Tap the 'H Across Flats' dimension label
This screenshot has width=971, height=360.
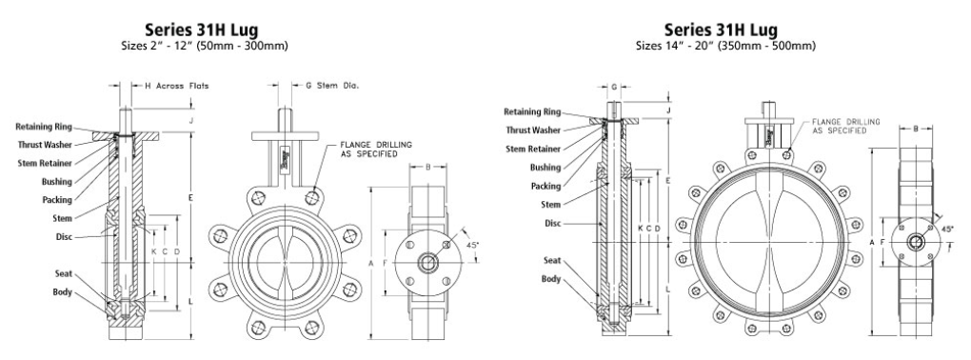tap(176, 86)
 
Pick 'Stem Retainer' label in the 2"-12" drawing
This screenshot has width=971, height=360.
tap(50, 163)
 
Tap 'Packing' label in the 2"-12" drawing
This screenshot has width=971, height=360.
tap(57, 199)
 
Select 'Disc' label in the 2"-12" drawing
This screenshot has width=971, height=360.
tap(65, 236)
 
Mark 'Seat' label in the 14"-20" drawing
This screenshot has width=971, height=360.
tap(550, 260)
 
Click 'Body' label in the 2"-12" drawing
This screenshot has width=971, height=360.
tap(62, 291)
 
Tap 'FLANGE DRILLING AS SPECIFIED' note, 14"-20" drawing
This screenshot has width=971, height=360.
tap(845, 127)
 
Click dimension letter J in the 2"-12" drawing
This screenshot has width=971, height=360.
tap(191, 121)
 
